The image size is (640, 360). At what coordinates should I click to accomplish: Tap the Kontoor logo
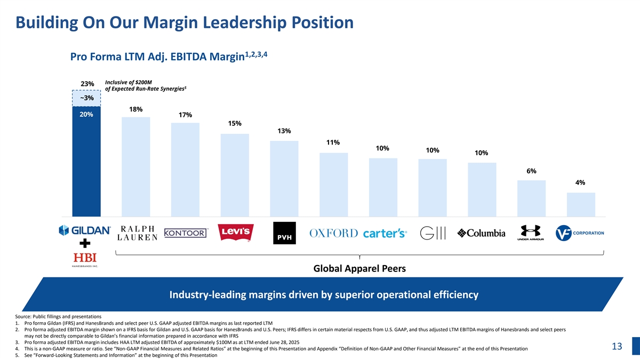[x=186, y=233]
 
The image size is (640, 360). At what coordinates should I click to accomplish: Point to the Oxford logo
[x=333, y=234]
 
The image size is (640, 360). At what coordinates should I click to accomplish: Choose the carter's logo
[x=385, y=234]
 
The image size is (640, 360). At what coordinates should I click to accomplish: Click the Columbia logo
[x=482, y=234]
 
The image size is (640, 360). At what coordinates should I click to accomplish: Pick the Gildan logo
[x=85, y=230]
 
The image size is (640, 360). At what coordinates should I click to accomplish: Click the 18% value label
[x=135, y=109]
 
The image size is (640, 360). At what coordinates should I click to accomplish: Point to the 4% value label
[x=580, y=182]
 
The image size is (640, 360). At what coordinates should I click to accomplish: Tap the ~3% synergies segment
[x=86, y=98]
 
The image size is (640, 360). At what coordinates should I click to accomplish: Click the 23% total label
[x=87, y=84]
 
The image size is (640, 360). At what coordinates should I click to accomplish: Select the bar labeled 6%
[x=531, y=198]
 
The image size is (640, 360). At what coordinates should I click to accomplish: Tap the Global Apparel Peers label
[x=359, y=269]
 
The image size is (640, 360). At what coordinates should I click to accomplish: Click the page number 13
[x=617, y=347]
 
